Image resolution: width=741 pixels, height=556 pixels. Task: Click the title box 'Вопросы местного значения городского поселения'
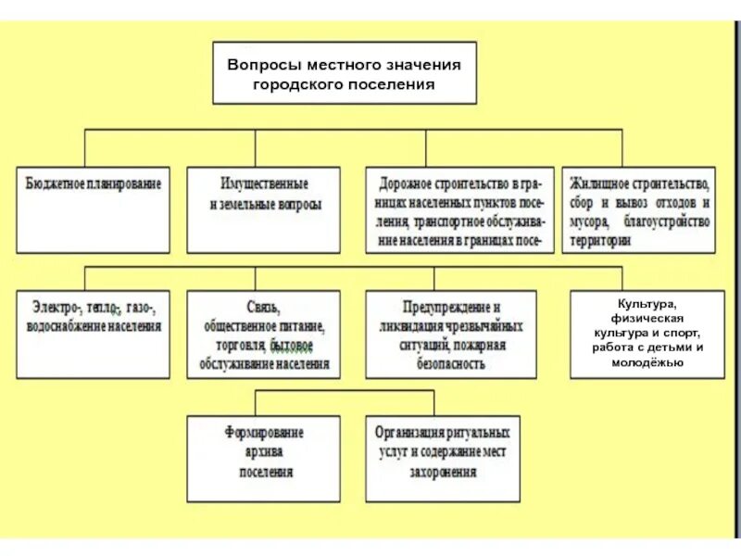pos(345,72)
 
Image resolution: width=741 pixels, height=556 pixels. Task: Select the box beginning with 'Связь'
pos(264,335)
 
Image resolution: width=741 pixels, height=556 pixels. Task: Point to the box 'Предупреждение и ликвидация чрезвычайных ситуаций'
pos(450,335)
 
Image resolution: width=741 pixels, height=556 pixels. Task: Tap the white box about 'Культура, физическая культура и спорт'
pos(647,335)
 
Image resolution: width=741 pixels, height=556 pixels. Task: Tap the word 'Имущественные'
pos(264,184)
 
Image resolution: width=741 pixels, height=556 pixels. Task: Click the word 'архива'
pos(265,452)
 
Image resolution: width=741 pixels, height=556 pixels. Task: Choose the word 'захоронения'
pos(441,472)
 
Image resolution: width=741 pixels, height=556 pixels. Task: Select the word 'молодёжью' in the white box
pos(647,361)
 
